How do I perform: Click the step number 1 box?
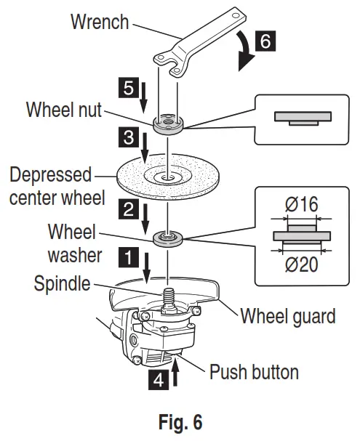129,256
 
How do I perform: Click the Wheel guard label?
287,316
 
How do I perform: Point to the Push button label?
254,373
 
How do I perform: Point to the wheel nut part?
169,124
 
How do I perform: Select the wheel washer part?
168,238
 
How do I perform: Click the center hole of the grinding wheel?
168,174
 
